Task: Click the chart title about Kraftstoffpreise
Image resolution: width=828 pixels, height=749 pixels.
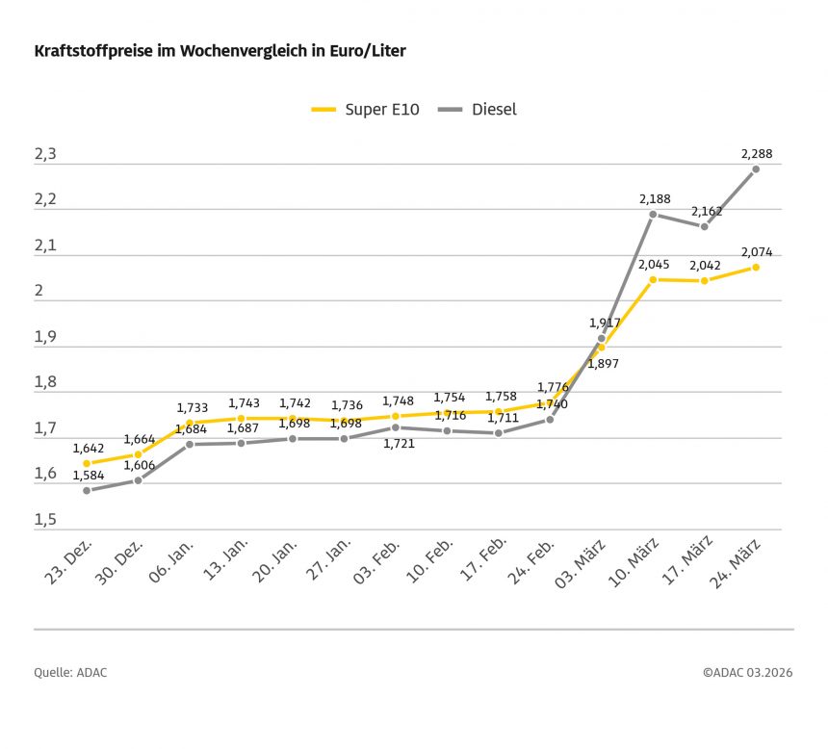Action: [220, 51]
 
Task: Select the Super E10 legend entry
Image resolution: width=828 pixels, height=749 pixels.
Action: [366, 109]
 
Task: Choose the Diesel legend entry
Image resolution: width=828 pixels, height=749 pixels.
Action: [478, 109]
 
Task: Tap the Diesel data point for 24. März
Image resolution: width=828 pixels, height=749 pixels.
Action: [756, 168]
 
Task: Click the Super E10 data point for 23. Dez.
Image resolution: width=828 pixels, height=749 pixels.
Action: [87, 463]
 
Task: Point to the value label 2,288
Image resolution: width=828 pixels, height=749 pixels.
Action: [756, 153]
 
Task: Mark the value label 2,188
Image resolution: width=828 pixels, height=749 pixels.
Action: [655, 198]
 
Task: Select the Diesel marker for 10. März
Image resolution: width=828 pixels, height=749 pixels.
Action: [653, 214]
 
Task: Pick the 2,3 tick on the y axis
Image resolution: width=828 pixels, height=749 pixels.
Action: [46, 154]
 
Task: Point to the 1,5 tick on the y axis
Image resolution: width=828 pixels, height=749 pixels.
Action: [46, 520]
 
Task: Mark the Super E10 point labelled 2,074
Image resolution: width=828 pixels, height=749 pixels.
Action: [756, 267]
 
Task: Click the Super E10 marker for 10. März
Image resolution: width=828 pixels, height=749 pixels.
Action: [653, 279]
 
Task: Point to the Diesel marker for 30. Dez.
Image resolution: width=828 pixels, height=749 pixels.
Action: [138, 480]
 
